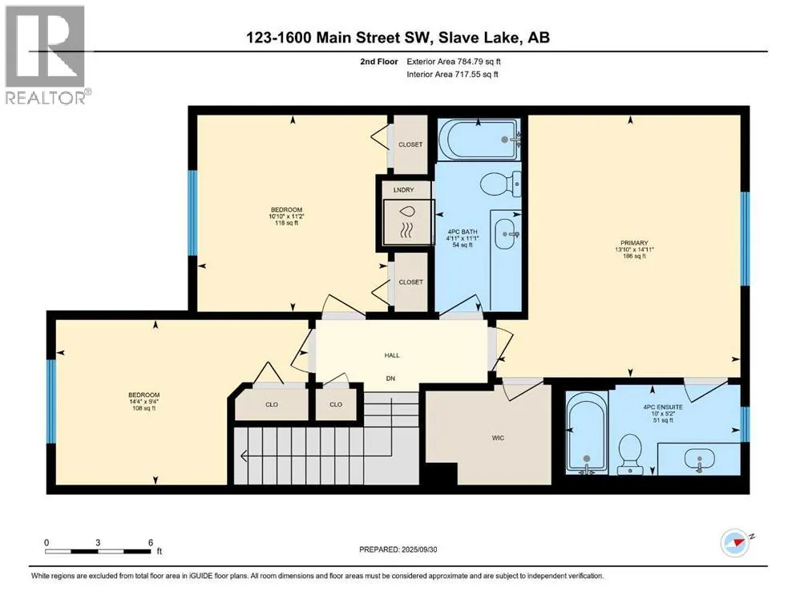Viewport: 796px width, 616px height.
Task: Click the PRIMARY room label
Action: [634, 243]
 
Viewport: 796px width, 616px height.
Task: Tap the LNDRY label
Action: [403, 189]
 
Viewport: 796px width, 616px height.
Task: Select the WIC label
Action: [498, 438]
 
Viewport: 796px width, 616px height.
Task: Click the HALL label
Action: [392, 355]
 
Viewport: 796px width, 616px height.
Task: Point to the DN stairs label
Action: [390, 379]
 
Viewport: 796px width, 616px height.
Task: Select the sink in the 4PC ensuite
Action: [700, 460]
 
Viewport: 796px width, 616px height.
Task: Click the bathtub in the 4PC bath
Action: [479, 140]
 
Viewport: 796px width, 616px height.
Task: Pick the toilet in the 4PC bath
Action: [500, 185]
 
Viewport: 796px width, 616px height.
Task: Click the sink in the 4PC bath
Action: [506, 234]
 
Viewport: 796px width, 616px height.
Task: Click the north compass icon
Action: [736, 543]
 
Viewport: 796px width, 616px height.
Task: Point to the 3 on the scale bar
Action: [98, 542]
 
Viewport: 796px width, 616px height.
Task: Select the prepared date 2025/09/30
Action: [419, 549]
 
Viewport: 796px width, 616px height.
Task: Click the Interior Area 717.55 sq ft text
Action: [452, 74]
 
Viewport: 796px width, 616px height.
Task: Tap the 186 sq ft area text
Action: [635, 257]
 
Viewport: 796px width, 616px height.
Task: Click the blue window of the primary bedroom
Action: [745, 239]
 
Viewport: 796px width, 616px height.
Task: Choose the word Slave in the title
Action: [458, 37]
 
